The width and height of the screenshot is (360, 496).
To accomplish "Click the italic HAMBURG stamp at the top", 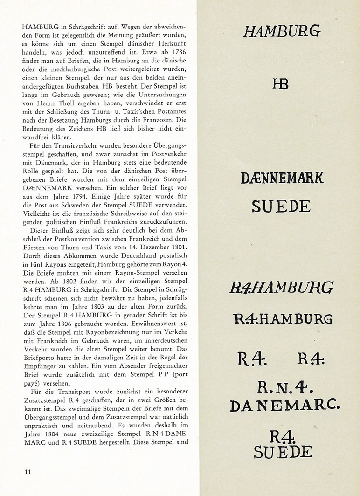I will [x=281, y=32].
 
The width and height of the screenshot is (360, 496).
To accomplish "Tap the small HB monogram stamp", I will [x=280, y=84].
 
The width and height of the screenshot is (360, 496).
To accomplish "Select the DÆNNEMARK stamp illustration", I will [x=283, y=178].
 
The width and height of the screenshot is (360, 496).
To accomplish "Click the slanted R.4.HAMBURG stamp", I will [x=281, y=288].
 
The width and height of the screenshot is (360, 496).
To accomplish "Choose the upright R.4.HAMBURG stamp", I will [x=282, y=319].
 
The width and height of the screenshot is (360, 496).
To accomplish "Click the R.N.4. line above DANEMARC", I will [x=284, y=388].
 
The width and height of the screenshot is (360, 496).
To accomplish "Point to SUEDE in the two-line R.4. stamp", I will [x=284, y=451].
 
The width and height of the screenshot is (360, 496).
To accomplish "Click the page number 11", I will [x=28, y=471].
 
